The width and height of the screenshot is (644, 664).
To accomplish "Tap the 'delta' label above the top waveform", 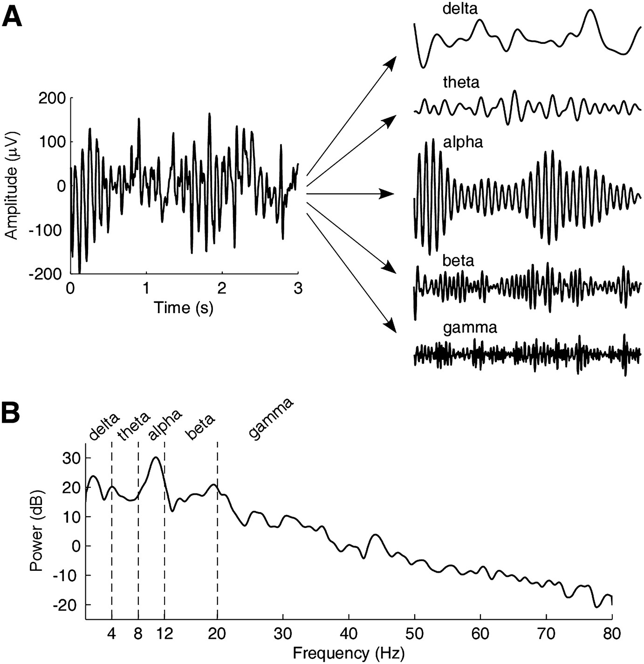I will pyautogui.click(x=460, y=8).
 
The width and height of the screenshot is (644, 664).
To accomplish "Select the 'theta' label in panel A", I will pyautogui.click(x=461, y=82).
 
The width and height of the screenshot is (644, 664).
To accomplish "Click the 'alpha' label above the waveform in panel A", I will pyautogui.click(x=463, y=142).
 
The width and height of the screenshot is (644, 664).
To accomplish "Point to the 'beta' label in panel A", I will pyautogui.click(x=459, y=260).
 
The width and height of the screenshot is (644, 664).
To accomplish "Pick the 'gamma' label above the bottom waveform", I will pyautogui.click(x=470, y=328).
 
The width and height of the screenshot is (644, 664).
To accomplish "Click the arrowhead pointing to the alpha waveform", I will pyautogui.click(x=388, y=194).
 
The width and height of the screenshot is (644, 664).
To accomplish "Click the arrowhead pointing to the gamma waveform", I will pyautogui.click(x=391, y=326).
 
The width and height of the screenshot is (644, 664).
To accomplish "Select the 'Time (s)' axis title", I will pyautogui.click(x=184, y=308).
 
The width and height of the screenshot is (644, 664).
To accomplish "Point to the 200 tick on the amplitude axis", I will pyautogui.click(x=51, y=98).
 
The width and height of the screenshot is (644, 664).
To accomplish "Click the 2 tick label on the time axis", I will pyautogui.click(x=222, y=288).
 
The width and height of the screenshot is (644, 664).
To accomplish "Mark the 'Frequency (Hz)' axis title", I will pyautogui.click(x=349, y=653).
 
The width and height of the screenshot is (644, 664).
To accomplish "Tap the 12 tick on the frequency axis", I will pyautogui.click(x=164, y=634).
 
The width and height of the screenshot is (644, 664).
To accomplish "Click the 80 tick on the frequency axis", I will pyautogui.click(x=611, y=634).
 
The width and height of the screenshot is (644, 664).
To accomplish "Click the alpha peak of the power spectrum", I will pyautogui.click(x=156, y=458).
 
